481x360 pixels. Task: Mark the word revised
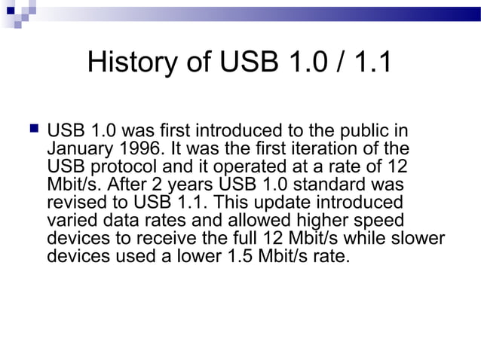(76, 203)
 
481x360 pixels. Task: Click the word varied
(72, 221)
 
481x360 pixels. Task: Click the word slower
(416, 239)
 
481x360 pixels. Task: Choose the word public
(371, 130)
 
